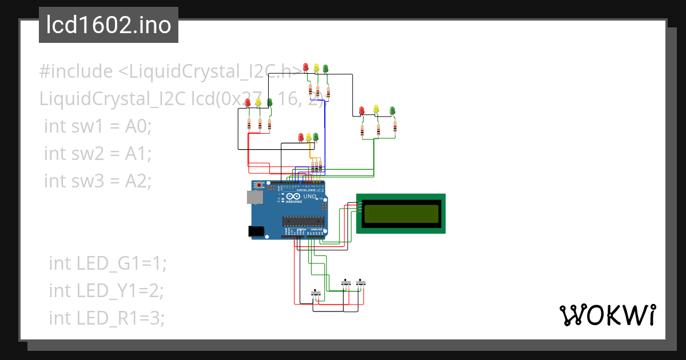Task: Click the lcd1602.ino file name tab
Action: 108,25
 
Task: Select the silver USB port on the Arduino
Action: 254,197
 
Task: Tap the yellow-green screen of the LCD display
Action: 401,213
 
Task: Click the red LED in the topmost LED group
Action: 306,67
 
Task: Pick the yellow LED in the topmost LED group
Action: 316,68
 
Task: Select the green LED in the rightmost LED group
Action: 393,110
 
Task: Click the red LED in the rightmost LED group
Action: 361,110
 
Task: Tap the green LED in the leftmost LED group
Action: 269,102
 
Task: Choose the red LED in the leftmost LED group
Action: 248,103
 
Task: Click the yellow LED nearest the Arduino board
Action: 309,137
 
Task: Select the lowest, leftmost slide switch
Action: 316,293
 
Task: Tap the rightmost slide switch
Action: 361,282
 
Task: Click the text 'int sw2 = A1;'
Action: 97,153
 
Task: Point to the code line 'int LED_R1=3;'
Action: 107,318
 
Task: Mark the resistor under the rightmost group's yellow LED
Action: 378,130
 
